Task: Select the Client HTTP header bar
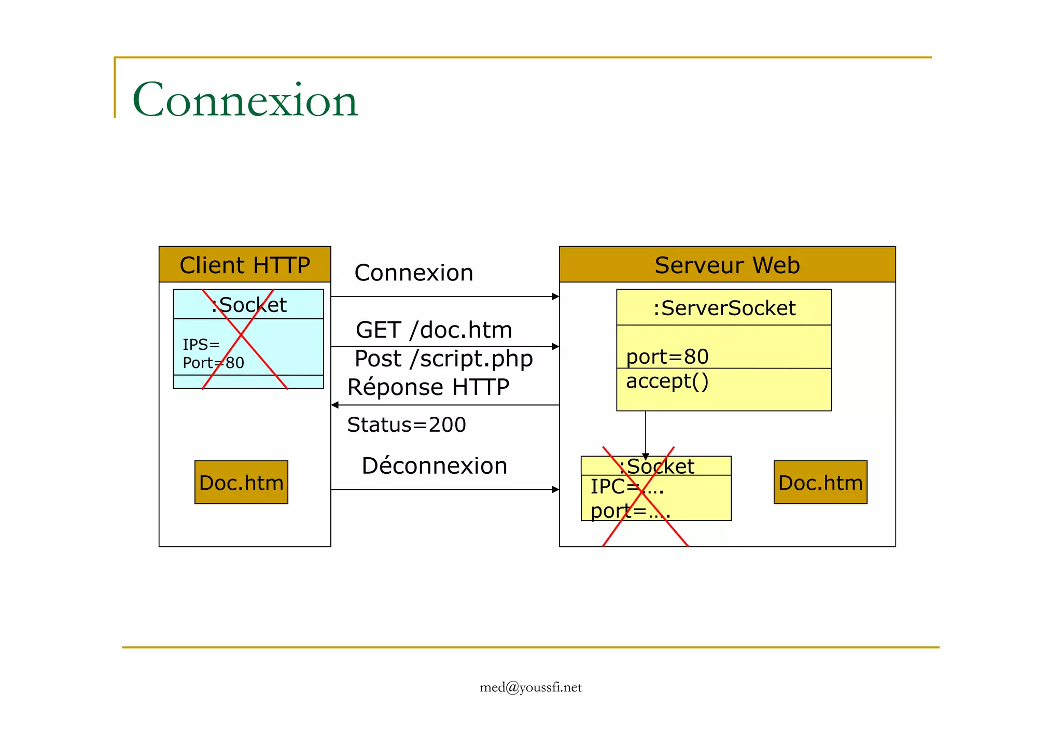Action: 245,265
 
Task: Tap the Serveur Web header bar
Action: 727,265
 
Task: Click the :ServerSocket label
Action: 724,308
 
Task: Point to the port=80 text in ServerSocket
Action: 667,357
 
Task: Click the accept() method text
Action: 667,381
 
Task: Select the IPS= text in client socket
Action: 201,344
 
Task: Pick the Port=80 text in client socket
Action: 213,362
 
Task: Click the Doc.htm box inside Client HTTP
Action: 241,483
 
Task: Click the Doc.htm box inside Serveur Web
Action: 820,483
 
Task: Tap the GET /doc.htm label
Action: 434,330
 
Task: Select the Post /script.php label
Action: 443,359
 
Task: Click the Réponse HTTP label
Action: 428,387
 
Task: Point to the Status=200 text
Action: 407,425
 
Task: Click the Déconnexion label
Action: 434,465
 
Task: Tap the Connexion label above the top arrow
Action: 413,273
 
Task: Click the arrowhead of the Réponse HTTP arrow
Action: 335,405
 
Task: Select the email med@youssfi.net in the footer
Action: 530,687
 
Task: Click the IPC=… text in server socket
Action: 626,486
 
